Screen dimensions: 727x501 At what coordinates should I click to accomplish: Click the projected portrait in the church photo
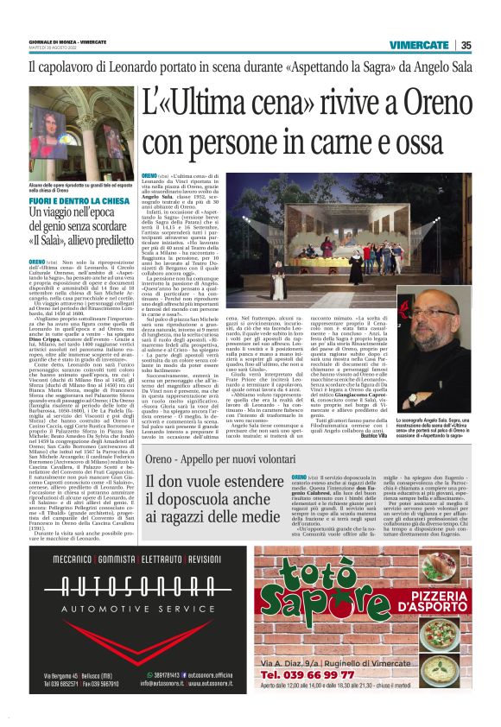(x=78, y=138)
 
